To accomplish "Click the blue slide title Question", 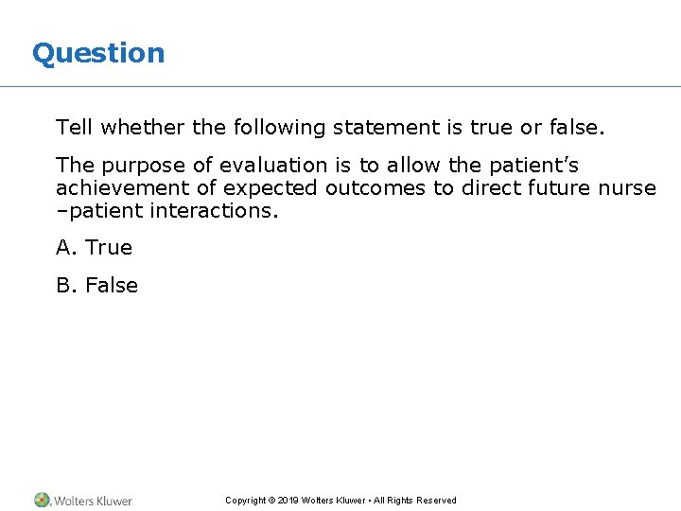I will pyautogui.click(x=98, y=54).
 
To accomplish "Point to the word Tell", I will pyautogui.click(x=74, y=128).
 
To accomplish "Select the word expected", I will pyautogui.click(x=268, y=187).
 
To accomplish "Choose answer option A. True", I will pyautogui.click(x=95, y=248).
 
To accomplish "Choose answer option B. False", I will pyautogui.click(x=96, y=286).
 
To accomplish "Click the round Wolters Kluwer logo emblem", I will pyautogui.click(x=42, y=500).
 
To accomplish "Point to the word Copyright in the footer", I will pyautogui.click(x=245, y=501).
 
